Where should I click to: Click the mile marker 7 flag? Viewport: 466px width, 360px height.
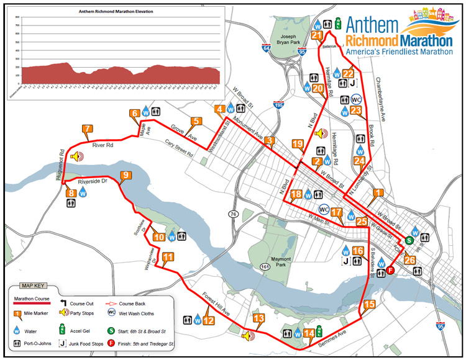pos(87,130)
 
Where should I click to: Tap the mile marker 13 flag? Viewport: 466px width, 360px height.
pos(258,319)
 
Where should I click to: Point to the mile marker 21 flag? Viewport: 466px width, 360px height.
pos(317,36)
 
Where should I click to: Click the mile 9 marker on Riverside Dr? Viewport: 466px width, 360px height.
pos(126,176)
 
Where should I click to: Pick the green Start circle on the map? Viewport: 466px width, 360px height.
pos(409,240)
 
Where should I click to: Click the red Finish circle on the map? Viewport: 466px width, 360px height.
pos(390,270)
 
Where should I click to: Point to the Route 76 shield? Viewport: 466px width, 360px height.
pos(234,214)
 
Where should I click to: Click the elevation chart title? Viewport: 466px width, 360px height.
pos(116,11)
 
